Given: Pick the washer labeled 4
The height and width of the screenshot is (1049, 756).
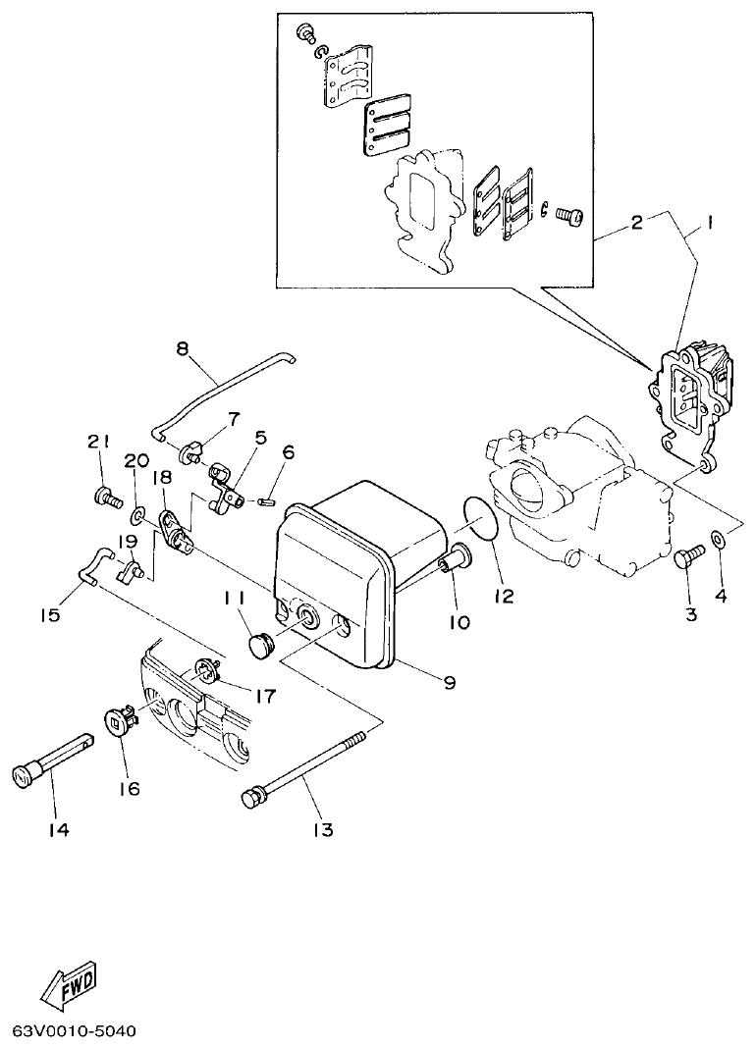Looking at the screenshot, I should [719, 539].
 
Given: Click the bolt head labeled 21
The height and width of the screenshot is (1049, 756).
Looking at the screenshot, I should [101, 497].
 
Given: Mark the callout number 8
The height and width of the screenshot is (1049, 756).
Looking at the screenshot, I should [182, 347].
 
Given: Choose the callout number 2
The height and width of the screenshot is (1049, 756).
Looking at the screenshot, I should [636, 223].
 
